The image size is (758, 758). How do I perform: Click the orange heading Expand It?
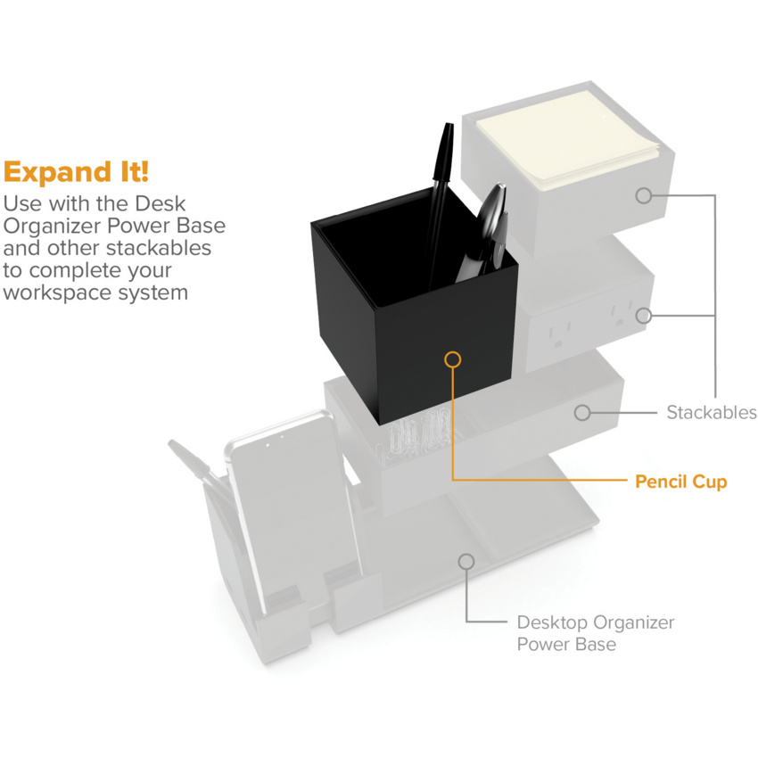click(x=76, y=172)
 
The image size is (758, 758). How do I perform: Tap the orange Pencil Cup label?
click(x=680, y=482)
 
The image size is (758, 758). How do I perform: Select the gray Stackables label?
click(x=711, y=412)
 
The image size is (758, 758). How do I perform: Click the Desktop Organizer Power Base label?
click(x=595, y=633)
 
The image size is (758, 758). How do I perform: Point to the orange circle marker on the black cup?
click(x=452, y=359)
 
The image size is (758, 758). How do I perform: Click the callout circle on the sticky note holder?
click(x=644, y=196)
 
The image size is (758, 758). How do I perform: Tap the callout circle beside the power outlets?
click(x=644, y=316)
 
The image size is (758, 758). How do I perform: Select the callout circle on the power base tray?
click(x=466, y=561)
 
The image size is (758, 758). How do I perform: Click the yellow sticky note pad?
click(x=569, y=140)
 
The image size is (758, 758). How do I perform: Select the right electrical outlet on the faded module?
click(x=622, y=313)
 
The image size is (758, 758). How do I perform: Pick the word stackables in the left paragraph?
click(x=158, y=248)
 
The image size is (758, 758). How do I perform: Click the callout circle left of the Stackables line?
click(x=582, y=412)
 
